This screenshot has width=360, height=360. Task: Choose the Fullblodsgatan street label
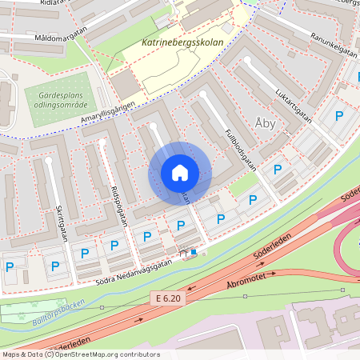click(239, 149)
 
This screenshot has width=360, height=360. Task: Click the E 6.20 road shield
click(170, 298)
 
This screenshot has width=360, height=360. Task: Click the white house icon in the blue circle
click(179, 172)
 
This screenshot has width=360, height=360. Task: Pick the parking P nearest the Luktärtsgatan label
click(339, 116)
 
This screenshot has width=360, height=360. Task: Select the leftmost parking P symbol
click(10, 266)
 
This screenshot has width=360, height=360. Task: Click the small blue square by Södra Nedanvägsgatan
click(194, 252)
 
